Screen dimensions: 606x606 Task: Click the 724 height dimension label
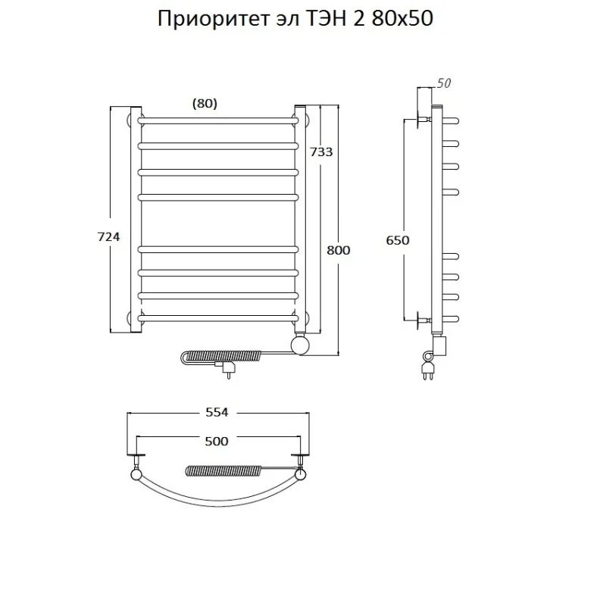[x=109, y=237]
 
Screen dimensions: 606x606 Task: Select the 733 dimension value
[x=321, y=151]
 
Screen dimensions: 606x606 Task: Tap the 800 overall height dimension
[x=339, y=250]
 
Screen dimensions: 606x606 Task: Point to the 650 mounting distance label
[x=398, y=240]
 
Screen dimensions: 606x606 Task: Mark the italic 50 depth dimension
[x=444, y=83]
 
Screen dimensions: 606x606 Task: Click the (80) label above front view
[x=205, y=104]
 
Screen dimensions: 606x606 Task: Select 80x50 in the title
[x=404, y=19]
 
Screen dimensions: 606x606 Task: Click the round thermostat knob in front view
[x=301, y=346]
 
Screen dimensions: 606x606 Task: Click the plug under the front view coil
[x=226, y=370]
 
